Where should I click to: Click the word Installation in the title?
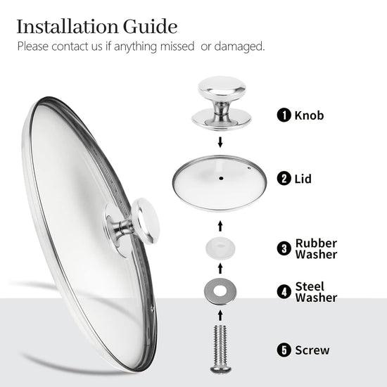coord(67,27)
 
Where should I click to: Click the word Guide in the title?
coord(150,27)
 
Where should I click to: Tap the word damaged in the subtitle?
coord(239,46)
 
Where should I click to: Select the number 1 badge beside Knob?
coord(284,115)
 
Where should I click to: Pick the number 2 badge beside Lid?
coord(284,179)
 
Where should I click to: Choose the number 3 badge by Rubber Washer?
coord(284,248)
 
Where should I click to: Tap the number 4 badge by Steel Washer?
coord(284,292)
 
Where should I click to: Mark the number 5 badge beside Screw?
coord(284,350)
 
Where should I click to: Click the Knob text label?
coord(309,115)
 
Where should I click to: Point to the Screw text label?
coord(312,350)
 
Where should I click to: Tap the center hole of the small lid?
coord(221,178)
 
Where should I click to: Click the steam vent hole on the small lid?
coord(249,168)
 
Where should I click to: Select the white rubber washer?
coord(220,248)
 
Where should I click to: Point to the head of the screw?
coord(221,369)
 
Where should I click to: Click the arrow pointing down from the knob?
coord(220,142)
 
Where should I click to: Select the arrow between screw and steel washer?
coord(220,316)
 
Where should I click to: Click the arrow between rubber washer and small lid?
coord(220,226)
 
